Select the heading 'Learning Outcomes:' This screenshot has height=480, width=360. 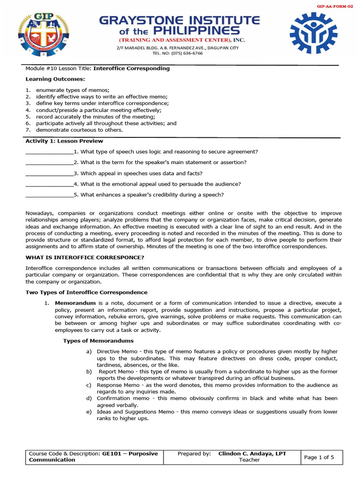52,79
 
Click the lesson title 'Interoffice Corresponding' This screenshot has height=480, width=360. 131,68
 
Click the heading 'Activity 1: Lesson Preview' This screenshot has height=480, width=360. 64,141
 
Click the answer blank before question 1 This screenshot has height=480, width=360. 49,152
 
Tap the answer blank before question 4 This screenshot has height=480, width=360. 49,184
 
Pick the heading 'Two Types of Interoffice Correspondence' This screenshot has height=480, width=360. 86,292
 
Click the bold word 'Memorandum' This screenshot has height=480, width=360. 75,303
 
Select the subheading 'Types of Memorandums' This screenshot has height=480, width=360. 98,341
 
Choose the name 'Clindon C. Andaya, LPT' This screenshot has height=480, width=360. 252,454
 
